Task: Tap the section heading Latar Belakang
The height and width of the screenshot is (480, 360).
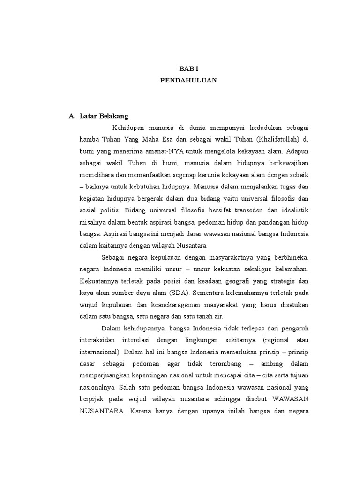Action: tap(104, 116)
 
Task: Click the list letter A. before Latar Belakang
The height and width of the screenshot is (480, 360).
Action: tap(72, 116)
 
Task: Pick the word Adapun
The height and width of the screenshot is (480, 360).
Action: tap(297, 151)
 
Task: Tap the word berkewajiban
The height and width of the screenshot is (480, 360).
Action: tap(286, 162)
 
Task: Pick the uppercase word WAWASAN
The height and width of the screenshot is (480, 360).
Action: tap(285, 398)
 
